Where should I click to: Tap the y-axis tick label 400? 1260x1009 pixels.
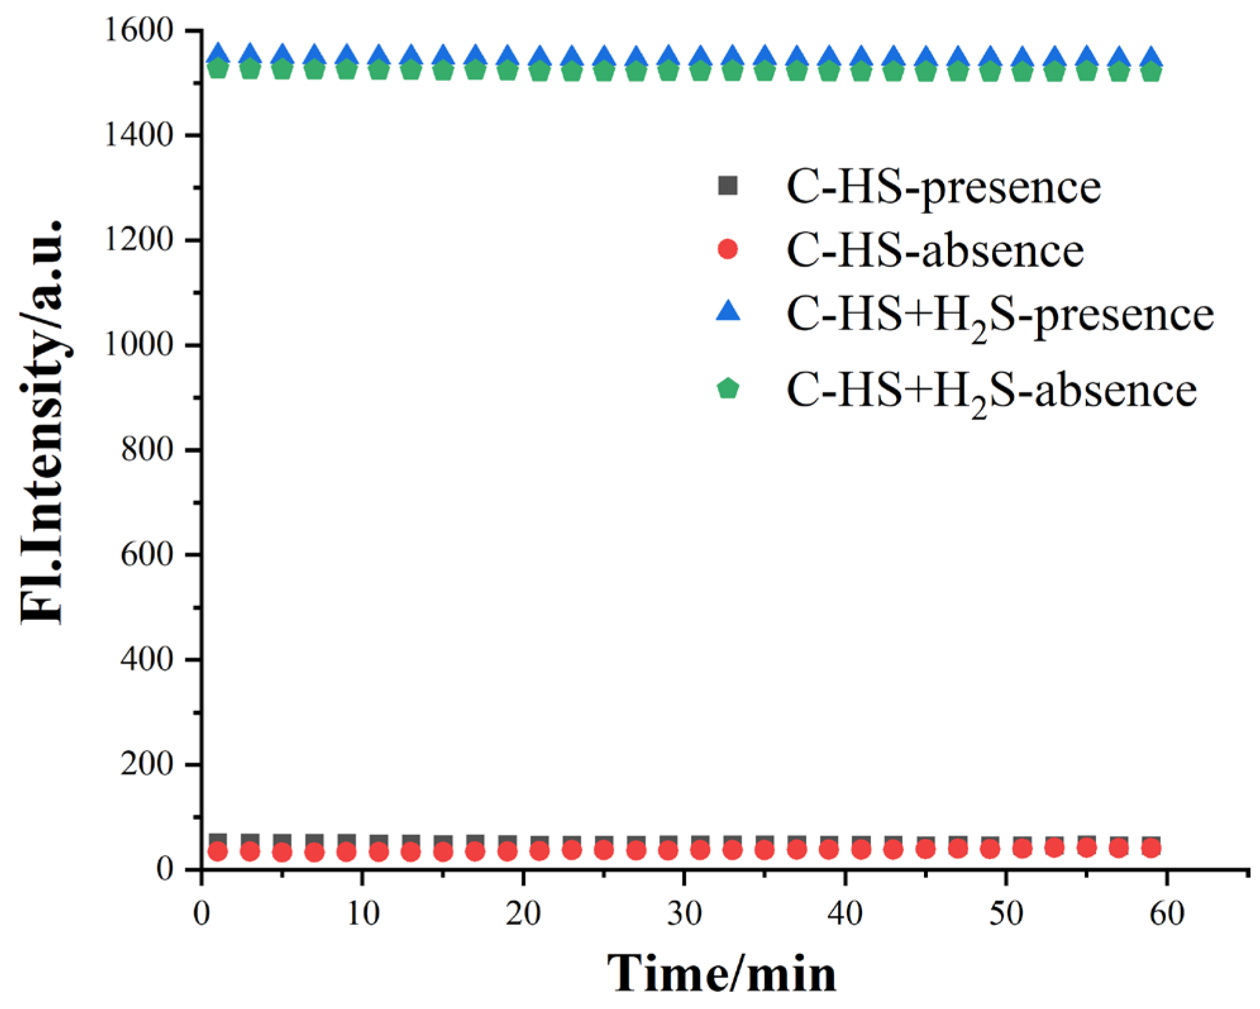pyautogui.click(x=146, y=659)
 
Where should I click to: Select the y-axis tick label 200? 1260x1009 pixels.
pyautogui.click(x=146, y=764)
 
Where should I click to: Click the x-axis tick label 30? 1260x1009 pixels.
pyautogui.click(x=684, y=913)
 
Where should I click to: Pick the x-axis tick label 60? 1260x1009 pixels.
pyautogui.click(x=1167, y=913)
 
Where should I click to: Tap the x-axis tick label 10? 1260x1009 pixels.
pyautogui.click(x=363, y=913)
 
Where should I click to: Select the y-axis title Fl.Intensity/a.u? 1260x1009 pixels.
pyautogui.click(x=42, y=423)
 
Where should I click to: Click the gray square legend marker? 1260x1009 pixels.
pyautogui.click(x=728, y=186)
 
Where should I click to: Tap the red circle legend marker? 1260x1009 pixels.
pyautogui.click(x=728, y=249)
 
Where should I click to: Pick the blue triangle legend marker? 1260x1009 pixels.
pyautogui.click(x=728, y=311)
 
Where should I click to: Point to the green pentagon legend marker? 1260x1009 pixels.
pyautogui.click(x=728, y=388)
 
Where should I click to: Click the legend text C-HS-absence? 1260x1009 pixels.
pyautogui.click(x=935, y=251)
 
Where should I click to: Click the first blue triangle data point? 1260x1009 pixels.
pyautogui.click(x=218, y=55)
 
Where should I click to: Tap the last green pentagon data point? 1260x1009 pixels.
pyautogui.click(x=1152, y=71)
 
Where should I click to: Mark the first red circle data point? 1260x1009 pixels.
pyautogui.click(x=218, y=851)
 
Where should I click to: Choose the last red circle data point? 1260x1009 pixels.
pyautogui.click(x=1152, y=848)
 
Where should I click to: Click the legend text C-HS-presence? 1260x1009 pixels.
pyautogui.click(x=943, y=187)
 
